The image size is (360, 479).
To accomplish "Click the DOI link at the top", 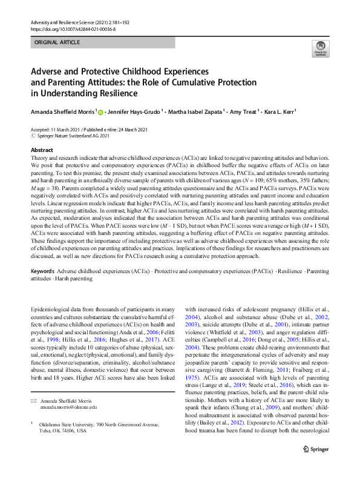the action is click(73, 28).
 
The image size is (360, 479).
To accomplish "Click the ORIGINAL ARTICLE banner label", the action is click(58, 43).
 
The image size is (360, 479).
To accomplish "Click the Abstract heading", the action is click(42, 150).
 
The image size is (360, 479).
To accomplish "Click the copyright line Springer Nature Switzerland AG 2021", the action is click(73, 136).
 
